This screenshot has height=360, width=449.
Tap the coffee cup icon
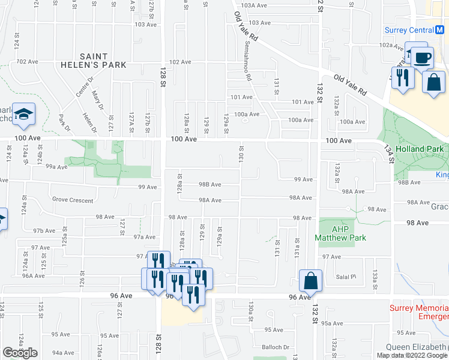point(423,58)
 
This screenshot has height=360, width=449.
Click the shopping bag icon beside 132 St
point(311,281)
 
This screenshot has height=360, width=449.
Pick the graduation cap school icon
point(23,115)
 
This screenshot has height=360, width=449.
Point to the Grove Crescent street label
point(73,200)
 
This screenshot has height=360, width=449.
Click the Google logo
point(20,353)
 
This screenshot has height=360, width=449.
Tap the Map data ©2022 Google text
point(412,355)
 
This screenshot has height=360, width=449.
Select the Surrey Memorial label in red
point(417,308)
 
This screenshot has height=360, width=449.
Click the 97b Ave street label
point(44,230)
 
